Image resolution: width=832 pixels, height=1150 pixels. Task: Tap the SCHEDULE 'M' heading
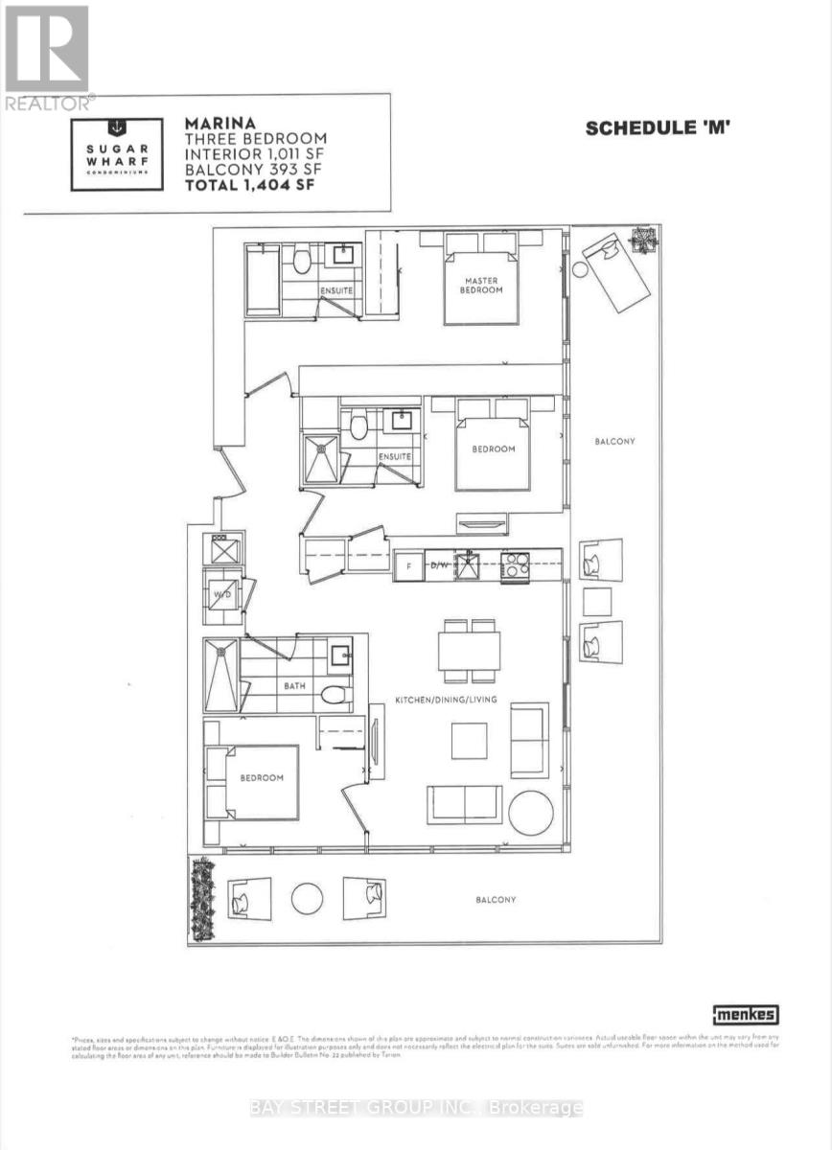[659, 128]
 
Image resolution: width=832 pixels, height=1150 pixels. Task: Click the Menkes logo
[745, 1015]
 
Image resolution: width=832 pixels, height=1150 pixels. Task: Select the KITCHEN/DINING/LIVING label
[446, 701]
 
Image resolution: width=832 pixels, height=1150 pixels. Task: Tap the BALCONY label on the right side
[614, 442]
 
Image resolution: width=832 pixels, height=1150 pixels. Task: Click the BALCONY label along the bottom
[496, 900]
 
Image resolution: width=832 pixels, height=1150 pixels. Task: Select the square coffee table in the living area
[469, 740]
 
